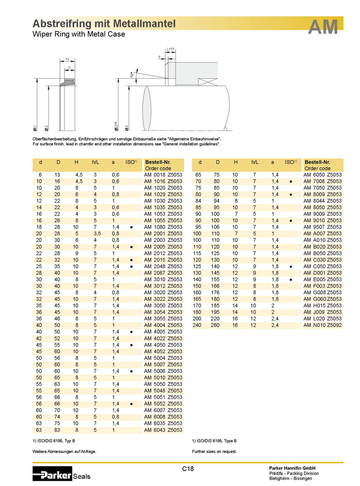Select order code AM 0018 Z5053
163,175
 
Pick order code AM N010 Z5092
323,324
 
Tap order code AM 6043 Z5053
163,429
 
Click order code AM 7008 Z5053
323,181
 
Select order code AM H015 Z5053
323,305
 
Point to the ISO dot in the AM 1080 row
131,227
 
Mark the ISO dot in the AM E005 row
290,279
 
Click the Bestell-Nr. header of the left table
157,162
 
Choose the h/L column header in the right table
254,162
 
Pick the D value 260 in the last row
218,324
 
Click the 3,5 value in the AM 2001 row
94,233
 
